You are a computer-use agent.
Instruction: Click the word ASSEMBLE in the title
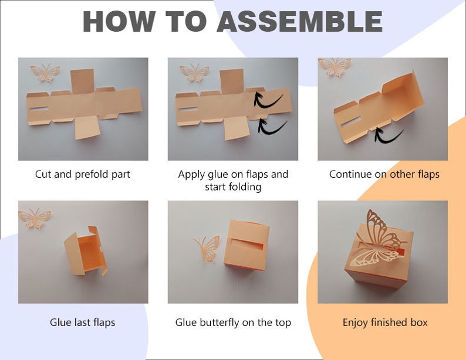click(299, 21)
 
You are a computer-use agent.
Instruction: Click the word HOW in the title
click(119, 21)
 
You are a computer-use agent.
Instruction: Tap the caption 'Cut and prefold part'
click(83, 174)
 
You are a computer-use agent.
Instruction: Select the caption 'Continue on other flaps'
click(384, 174)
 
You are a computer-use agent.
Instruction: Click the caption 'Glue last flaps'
click(83, 322)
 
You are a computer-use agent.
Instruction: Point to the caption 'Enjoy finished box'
click(385, 322)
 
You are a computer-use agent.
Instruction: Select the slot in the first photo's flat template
click(39, 108)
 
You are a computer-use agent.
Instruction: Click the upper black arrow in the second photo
click(268, 99)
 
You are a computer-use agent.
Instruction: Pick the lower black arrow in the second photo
click(272, 126)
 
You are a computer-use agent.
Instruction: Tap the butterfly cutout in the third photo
click(335, 66)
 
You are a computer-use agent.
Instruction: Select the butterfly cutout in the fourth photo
click(35, 218)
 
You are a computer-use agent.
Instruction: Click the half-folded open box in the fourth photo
click(85, 252)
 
